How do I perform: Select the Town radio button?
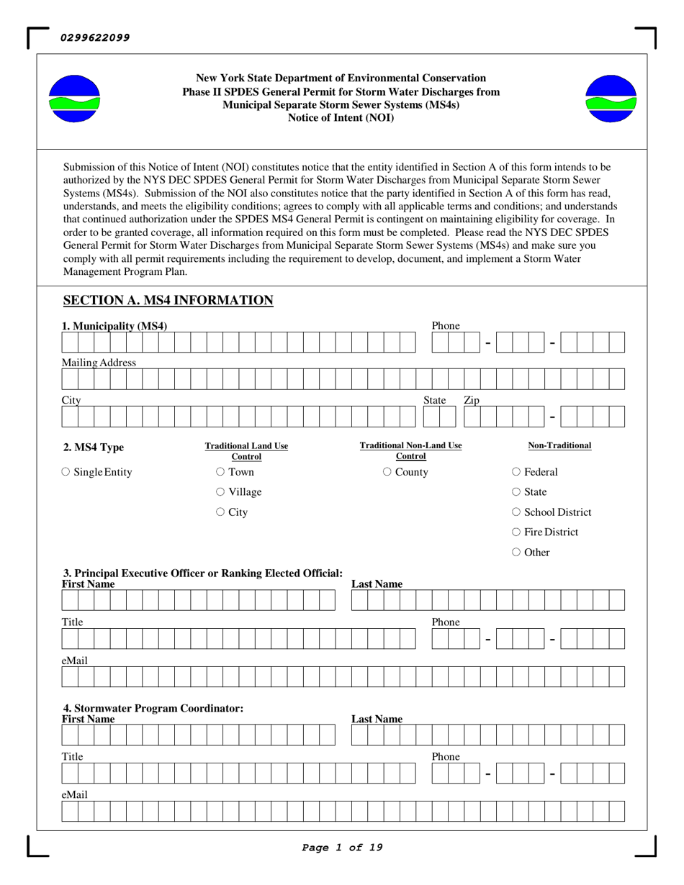pos(220,473)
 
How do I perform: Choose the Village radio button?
pos(220,493)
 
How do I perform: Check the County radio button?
pos(387,473)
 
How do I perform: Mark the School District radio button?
pos(516,513)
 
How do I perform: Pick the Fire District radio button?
pos(516,533)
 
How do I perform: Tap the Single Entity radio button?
pos(66,473)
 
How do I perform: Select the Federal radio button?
pos(516,473)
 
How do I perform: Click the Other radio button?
pos(516,553)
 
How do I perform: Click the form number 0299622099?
pos(96,37)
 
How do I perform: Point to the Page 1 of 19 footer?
pos(342,848)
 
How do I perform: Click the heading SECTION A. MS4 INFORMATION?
pos(168,300)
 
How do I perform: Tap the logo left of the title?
pos(74,99)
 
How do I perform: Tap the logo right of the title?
pos(611,99)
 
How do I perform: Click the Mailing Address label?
pos(99,363)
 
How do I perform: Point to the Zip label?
pos(472,400)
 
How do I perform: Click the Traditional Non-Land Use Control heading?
pos(411,450)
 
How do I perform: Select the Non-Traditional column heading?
pos(559,445)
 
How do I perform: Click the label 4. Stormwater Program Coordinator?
pos(153,708)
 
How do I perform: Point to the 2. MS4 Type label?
pos(94,448)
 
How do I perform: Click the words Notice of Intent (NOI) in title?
pos(341,117)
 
